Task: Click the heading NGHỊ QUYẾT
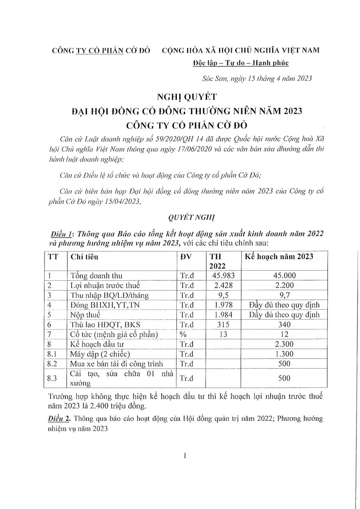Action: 180,96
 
